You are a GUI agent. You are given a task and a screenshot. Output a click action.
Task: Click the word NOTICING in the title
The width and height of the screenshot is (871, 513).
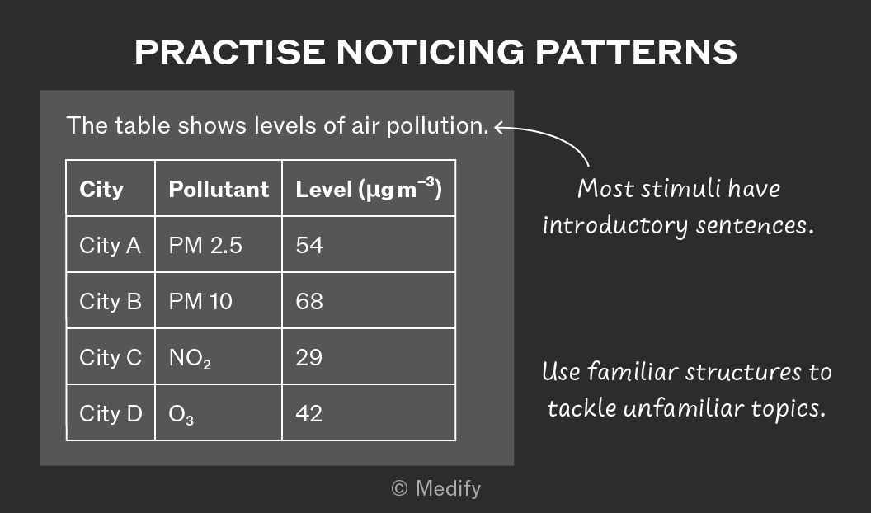click(x=430, y=52)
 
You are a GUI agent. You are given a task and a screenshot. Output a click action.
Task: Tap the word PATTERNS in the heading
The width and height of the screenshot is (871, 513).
click(x=636, y=52)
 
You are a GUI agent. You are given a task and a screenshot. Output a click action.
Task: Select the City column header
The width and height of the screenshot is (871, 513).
click(x=101, y=190)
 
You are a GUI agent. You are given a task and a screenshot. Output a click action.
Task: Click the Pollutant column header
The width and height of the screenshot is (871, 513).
click(x=219, y=190)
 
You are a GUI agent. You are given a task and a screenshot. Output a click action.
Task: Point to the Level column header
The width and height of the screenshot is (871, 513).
click(x=369, y=189)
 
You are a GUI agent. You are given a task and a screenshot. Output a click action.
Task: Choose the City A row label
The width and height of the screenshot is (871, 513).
click(x=110, y=246)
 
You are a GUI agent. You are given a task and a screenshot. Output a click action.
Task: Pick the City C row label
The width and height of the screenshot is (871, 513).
click(x=111, y=358)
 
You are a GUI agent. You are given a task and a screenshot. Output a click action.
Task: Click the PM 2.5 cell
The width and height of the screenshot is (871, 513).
click(x=205, y=246)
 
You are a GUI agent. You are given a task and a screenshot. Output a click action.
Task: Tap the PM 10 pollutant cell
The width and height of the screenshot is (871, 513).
click(x=200, y=302)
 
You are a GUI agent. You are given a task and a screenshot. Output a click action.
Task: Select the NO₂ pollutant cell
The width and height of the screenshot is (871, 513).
click(x=190, y=358)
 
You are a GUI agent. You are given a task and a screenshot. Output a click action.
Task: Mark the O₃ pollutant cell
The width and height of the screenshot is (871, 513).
click(x=181, y=414)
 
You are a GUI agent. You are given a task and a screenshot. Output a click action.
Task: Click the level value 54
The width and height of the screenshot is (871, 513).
click(x=309, y=246)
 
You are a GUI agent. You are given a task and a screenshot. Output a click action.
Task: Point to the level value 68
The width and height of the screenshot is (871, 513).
click(x=309, y=302)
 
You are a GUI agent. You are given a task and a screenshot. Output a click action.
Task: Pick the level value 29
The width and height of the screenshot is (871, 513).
click(x=308, y=358)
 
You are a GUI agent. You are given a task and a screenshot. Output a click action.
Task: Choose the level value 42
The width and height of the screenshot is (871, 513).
click(x=308, y=414)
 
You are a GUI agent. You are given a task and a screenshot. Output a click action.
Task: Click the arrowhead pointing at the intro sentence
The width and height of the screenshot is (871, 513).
click(x=498, y=128)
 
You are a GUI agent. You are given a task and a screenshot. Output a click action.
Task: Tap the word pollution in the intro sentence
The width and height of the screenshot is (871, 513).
click(x=437, y=126)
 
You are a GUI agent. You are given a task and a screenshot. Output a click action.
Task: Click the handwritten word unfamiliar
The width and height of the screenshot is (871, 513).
click(x=683, y=408)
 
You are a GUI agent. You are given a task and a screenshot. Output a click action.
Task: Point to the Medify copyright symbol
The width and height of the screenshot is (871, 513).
click(x=399, y=488)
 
